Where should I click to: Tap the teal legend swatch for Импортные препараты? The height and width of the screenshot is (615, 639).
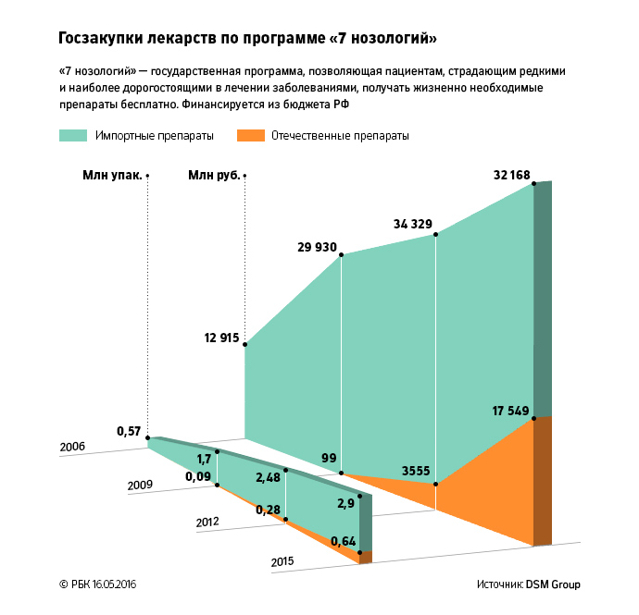(x=73, y=135)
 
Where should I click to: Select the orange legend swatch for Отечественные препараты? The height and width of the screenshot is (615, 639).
(x=250, y=135)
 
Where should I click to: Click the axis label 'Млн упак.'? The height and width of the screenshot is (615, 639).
(x=112, y=175)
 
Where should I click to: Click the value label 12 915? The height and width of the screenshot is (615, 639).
(x=222, y=338)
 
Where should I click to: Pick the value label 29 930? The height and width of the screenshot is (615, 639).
(x=317, y=248)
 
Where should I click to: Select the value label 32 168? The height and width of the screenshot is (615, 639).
(x=513, y=174)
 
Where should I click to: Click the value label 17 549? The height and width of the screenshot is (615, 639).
(x=510, y=410)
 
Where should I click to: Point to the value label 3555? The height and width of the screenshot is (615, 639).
(x=415, y=472)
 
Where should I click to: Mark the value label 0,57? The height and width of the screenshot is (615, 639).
(x=130, y=431)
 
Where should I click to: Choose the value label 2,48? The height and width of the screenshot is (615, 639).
(x=268, y=477)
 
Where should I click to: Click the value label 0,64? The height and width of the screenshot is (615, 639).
(x=343, y=542)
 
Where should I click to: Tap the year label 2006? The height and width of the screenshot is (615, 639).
(x=72, y=447)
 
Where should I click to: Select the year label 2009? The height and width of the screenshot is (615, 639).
(x=140, y=485)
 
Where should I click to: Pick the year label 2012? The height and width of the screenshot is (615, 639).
(x=207, y=523)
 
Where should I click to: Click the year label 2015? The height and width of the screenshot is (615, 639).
(x=283, y=561)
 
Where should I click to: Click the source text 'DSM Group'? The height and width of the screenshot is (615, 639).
(x=553, y=585)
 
